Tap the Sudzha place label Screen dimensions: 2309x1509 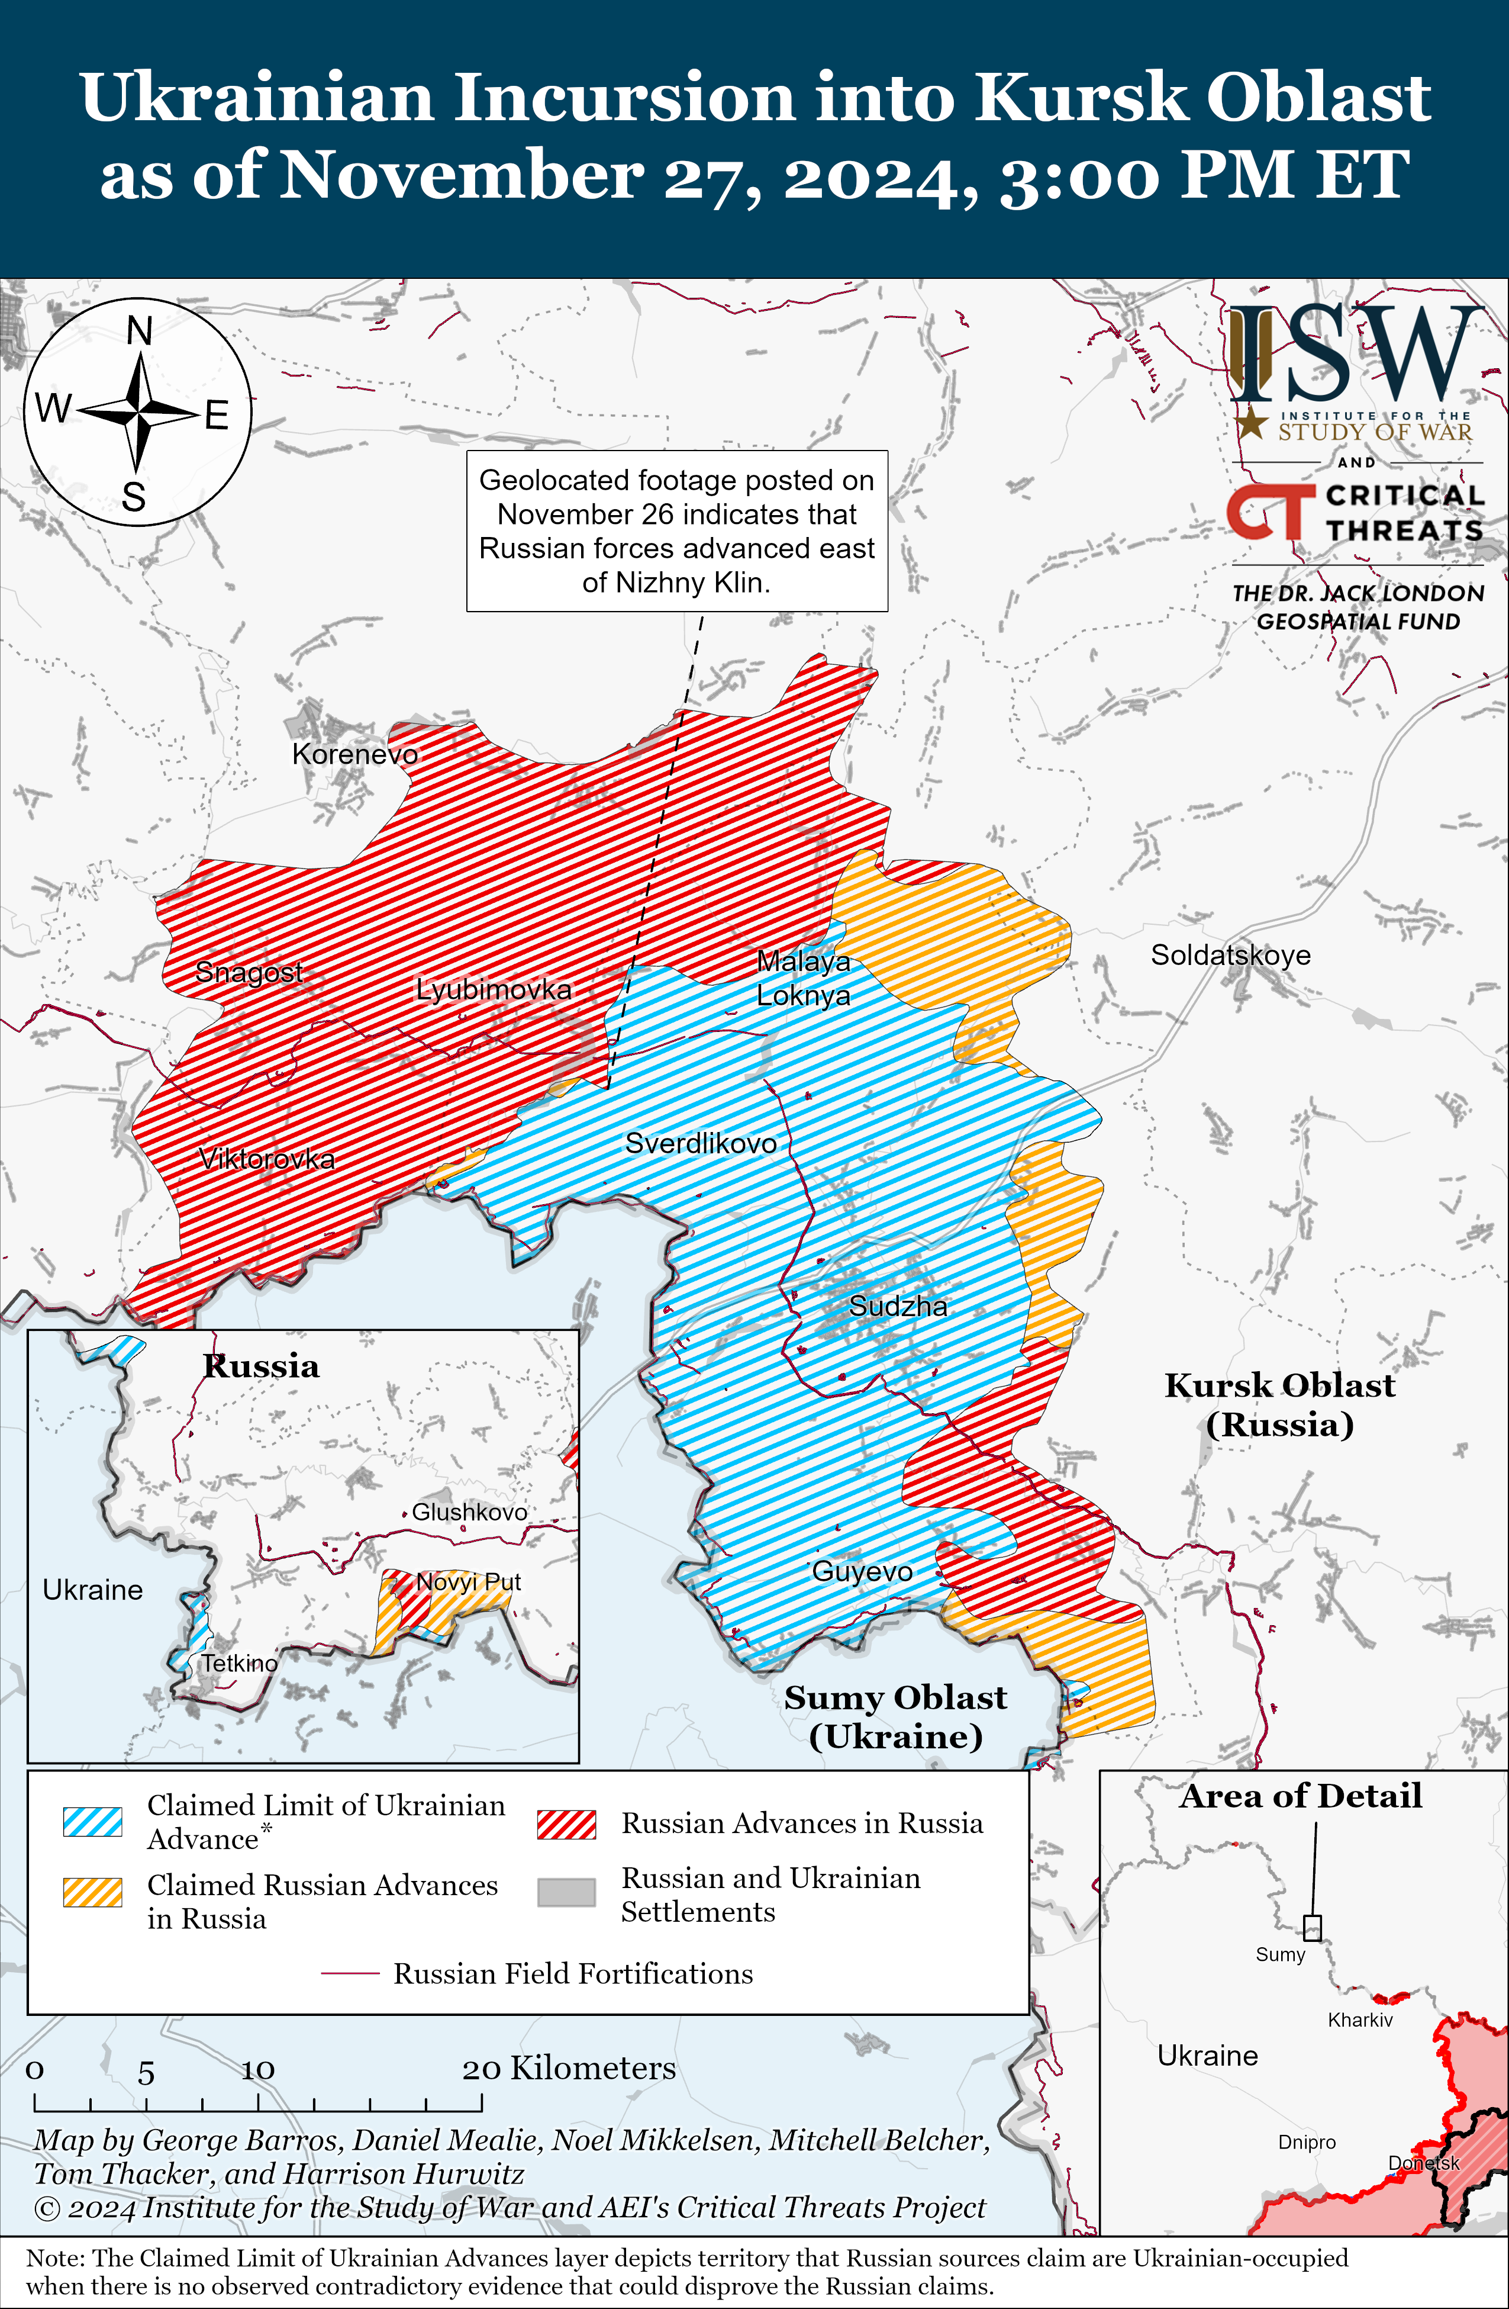click(x=898, y=1306)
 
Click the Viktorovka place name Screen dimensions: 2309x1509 click(x=267, y=1159)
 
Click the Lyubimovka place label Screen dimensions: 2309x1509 click(x=494, y=989)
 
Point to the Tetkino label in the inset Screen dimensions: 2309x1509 click(x=238, y=1663)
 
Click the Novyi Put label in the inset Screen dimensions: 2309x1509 click(x=469, y=1583)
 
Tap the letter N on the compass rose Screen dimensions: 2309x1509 click(x=140, y=332)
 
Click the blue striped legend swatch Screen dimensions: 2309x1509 click(x=92, y=1822)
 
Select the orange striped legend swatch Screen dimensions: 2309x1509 click(x=92, y=1893)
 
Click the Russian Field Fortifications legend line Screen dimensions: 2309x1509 click(x=350, y=1974)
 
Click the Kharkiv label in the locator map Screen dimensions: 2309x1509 click(x=1360, y=2020)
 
